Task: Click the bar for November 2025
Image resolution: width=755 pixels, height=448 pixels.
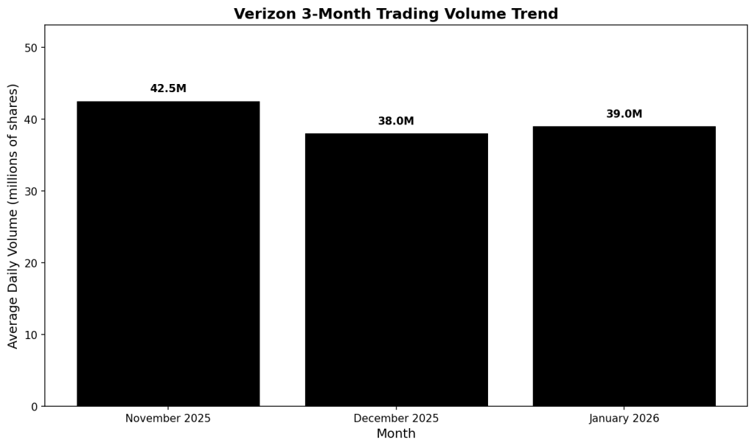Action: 168,253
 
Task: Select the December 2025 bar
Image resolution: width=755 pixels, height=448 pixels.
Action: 396,270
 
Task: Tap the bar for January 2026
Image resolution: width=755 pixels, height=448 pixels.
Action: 624,266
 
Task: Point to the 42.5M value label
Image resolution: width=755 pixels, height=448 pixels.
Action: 168,89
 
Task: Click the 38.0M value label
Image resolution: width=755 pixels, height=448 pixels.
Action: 396,122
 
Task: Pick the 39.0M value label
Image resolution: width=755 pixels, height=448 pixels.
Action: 624,114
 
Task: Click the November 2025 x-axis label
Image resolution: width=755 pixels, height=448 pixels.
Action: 168,419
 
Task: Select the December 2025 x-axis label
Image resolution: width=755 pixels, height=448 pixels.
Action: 396,419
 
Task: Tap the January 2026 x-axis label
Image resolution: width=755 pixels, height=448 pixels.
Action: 624,419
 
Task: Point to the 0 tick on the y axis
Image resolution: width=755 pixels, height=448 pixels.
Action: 34,407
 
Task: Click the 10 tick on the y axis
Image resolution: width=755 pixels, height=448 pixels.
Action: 31,335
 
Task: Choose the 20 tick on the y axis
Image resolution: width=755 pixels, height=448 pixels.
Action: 31,263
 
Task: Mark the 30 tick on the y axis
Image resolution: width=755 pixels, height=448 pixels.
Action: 31,192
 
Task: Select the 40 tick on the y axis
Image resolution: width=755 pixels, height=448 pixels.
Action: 31,119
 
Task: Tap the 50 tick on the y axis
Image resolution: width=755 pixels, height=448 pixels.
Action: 31,48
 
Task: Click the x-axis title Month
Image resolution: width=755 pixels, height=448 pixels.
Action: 396,434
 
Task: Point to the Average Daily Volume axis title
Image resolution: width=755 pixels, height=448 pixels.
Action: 13,216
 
